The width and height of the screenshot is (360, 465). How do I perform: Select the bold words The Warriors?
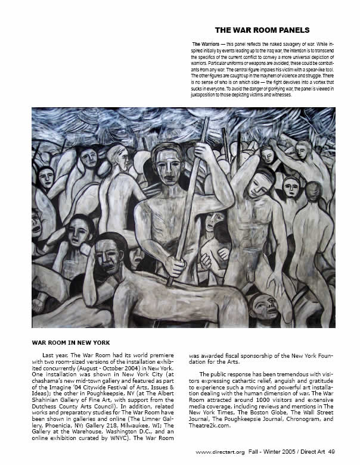pos(203,45)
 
